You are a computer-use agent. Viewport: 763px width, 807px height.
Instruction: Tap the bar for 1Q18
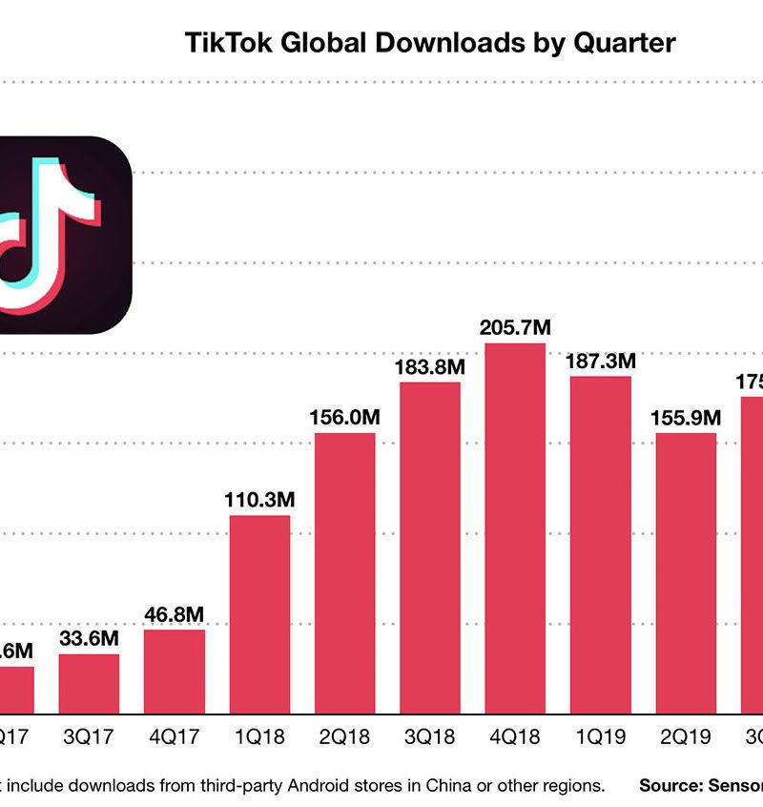259,614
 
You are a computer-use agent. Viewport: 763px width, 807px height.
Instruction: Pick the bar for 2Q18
344,572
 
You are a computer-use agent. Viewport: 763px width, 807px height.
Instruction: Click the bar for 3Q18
429,548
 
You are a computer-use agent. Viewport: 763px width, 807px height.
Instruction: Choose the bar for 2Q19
685,572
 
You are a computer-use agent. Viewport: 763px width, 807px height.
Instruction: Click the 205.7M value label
515,327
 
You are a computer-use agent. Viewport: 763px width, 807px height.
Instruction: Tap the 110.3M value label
259,499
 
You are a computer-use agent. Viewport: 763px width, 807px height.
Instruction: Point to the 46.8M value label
175,613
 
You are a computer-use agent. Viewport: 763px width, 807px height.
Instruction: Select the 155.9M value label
685,417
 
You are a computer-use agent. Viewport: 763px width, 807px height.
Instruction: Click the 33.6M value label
90,638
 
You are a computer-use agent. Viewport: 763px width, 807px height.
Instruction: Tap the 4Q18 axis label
515,736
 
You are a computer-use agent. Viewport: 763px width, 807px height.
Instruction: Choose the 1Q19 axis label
600,736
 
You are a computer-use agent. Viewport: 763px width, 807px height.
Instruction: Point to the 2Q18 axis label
344,736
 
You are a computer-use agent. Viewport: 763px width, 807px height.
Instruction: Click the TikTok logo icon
57,235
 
